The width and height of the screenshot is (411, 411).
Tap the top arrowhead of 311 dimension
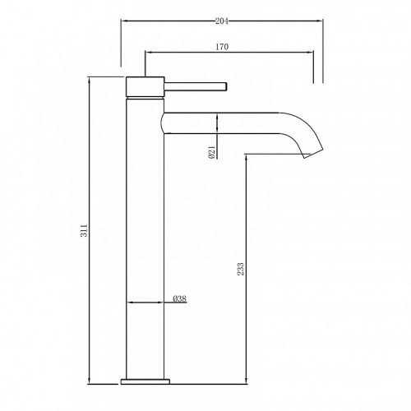[x=90, y=80]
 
